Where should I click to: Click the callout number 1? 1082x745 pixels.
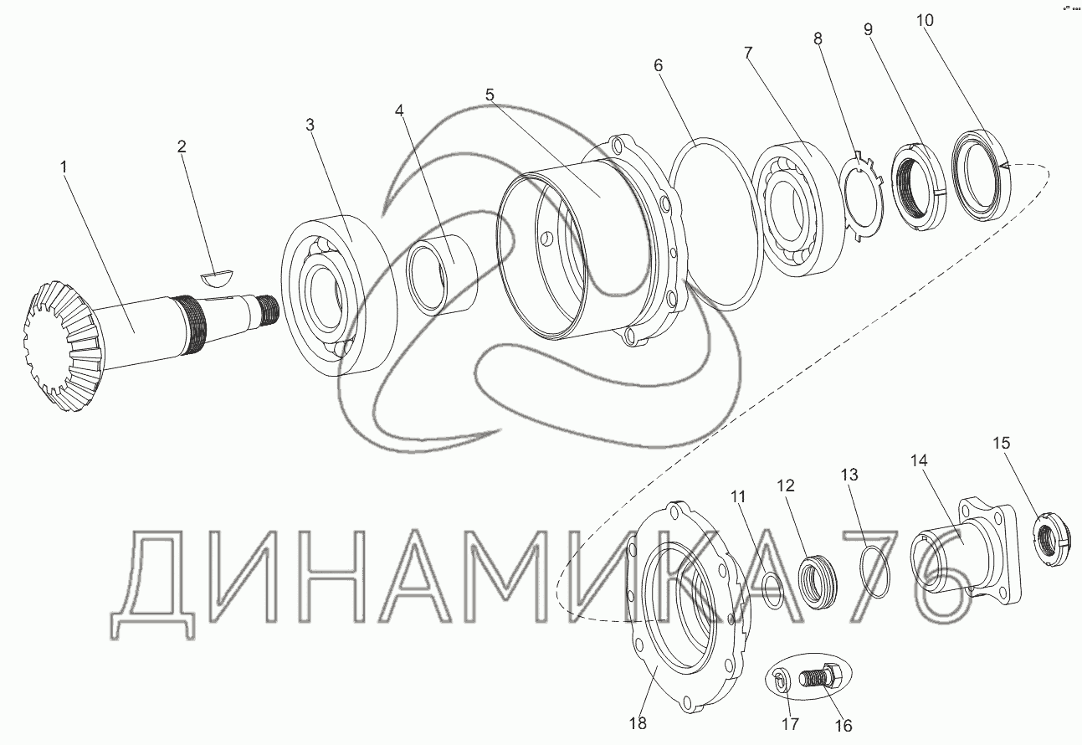pos(64,167)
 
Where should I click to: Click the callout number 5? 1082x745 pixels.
pos(490,95)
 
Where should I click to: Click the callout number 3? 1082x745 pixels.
pos(310,125)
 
